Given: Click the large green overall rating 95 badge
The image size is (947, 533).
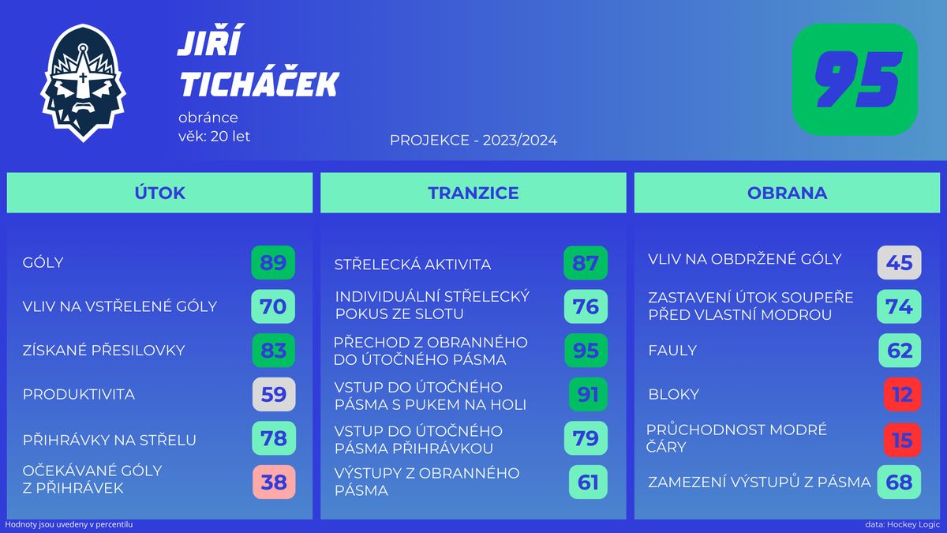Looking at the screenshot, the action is click(x=855, y=80).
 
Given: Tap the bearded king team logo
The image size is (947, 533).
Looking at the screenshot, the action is click(x=83, y=82).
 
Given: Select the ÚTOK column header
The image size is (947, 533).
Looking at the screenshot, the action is click(x=159, y=193).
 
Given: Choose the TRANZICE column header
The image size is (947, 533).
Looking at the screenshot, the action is click(x=473, y=193).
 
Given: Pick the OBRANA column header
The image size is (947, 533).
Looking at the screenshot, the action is click(x=788, y=193).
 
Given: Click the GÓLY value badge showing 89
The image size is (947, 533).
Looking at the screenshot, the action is click(x=273, y=263).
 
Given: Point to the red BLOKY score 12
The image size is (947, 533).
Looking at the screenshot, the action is click(x=902, y=394).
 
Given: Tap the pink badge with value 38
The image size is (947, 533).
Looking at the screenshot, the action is click(x=274, y=482).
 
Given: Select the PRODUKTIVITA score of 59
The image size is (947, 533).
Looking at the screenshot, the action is click(x=274, y=394).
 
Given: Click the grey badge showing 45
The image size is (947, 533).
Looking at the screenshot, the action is click(x=899, y=263).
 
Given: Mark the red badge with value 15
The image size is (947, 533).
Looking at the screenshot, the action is click(x=902, y=441).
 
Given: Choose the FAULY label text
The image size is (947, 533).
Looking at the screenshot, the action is click(x=672, y=351).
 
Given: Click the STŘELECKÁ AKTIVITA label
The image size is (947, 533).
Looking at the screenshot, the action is click(x=413, y=265).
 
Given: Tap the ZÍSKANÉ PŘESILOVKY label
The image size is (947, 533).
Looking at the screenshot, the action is click(x=103, y=351).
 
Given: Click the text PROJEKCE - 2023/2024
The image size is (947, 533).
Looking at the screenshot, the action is click(x=473, y=141).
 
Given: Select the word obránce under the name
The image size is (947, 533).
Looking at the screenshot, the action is click(x=208, y=118).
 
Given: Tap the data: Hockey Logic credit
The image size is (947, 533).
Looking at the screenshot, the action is click(x=903, y=524).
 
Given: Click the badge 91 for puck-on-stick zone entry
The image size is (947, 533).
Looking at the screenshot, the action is click(x=588, y=394).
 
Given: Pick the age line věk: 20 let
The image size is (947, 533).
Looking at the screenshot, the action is click(x=215, y=136).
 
